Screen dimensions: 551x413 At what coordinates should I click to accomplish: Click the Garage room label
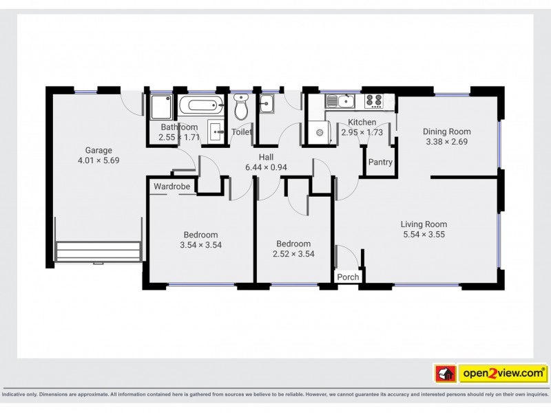[x=98, y=150]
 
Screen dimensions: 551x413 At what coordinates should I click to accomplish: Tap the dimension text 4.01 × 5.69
[x=98, y=160]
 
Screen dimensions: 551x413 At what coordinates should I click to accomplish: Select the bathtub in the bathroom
[x=200, y=105]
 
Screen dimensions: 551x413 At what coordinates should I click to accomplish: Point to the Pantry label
[x=380, y=162]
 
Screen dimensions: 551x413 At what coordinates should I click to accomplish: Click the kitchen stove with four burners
[x=373, y=100]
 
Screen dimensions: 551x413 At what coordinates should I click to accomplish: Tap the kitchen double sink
[x=340, y=101]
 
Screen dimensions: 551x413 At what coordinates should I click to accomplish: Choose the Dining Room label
[x=446, y=131]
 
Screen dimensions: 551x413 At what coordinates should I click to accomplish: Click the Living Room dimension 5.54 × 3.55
[x=424, y=235]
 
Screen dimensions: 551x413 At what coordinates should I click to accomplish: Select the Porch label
[x=348, y=277]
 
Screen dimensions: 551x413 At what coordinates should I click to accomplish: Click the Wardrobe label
[x=171, y=187]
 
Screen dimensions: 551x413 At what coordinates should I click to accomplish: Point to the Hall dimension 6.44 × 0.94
[x=266, y=167]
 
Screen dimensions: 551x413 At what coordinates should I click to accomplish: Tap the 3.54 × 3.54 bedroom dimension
[x=200, y=245]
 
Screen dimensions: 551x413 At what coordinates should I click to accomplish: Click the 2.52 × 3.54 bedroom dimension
[x=293, y=254]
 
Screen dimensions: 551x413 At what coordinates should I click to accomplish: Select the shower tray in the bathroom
[x=161, y=107]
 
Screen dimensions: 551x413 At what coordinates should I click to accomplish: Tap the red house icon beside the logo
[x=446, y=373]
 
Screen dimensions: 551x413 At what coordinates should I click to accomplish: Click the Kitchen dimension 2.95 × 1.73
[x=362, y=132]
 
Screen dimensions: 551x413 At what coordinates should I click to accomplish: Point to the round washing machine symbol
[x=320, y=132]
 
